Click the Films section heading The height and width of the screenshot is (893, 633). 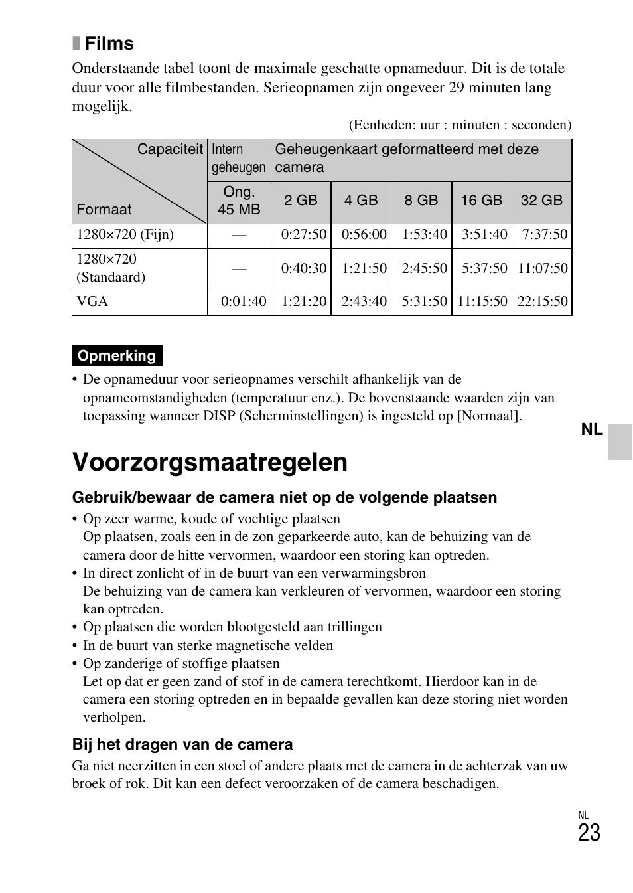[x=109, y=44]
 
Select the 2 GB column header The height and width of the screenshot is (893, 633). [x=301, y=201]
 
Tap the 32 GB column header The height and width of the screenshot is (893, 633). [x=541, y=201]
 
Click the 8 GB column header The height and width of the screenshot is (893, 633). [x=421, y=201]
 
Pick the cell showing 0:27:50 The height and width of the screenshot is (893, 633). [x=304, y=235]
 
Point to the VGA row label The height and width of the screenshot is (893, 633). [x=92, y=302]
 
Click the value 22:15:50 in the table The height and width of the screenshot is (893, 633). [x=542, y=302]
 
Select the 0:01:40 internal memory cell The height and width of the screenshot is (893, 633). [x=244, y=302]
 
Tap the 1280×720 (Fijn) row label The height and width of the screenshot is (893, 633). [x=125, y=235]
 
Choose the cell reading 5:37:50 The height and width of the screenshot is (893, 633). [x=484, y=269]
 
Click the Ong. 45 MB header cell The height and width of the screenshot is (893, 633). [x=239, y=201]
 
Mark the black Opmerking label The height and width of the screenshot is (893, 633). [x=117, y=356]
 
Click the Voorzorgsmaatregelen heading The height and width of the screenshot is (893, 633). [x=210, y=462]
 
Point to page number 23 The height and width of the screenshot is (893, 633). [x=589, y=833]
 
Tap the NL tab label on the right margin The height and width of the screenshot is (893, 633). [x=591, y=430]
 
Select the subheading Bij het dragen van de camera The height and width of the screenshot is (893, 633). [x=182, y=744]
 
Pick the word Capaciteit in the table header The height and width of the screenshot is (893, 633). [x=170, y=149]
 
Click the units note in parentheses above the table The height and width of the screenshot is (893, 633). [x=460, y=125]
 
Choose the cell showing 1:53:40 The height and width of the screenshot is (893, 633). [x=424, y=235]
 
